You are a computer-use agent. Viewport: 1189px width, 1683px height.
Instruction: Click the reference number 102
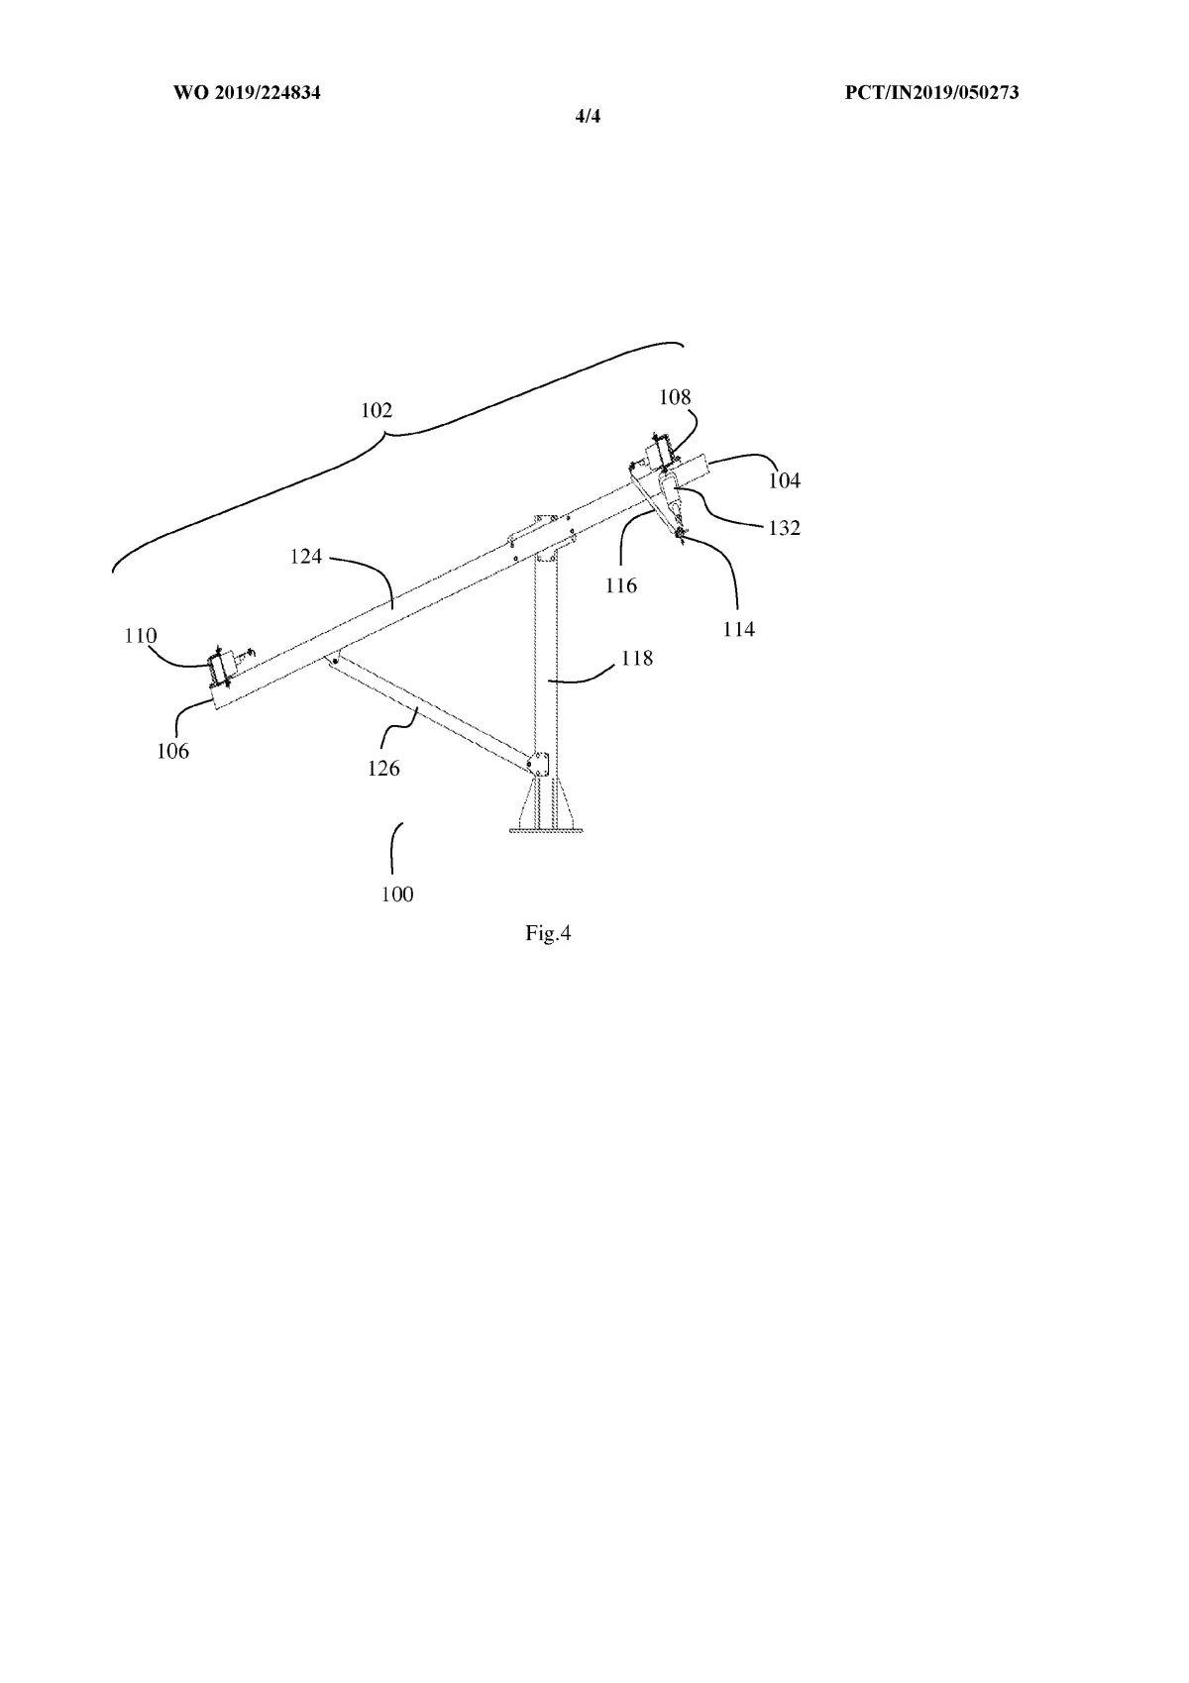pyautogui.click(x=377, y=410)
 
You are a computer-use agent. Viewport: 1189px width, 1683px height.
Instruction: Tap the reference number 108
pyautogui.click(x=675, y=397)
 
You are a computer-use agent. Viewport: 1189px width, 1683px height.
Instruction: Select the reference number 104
pyautogui.click(x=784, y=480)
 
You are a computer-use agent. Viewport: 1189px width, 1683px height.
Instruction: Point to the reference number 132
pyautogui.click(x=784, y=528)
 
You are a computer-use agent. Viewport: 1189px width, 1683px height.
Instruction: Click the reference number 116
pyautogui.click(x=621, y=585)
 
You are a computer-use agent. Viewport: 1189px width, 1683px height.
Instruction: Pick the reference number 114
pyautogui.click(x=739, y=629)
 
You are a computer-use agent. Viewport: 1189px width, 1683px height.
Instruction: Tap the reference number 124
pyautogui.click(x=306, y=557)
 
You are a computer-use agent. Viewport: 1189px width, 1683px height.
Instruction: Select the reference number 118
pyautogui.click(x=637, y=658)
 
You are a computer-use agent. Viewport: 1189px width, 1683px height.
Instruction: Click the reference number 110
pyautogui.click(x=141, y=635)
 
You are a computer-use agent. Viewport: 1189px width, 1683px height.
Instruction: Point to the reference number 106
pyautogui.click(x=172, y=751)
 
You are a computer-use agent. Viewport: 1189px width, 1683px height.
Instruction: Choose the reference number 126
pyautogui.click(x=383, y=768)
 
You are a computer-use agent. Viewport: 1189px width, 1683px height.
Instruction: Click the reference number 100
pyautogui.click(x=397, y=894)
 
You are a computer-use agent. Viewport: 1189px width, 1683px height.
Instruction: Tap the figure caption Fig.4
pyautogui.click(x=548, y=933)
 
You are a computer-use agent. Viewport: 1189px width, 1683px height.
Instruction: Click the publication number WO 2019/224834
pyautogui.click(x=247, y=93)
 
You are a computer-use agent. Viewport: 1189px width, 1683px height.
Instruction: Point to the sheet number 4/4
pyautogui.click(x=589, y=117)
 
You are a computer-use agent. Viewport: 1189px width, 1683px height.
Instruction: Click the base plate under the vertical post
pyautogui.click(x=544, y=829)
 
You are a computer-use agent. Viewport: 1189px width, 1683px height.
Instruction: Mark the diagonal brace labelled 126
pyautogui.click(x=426, y=711)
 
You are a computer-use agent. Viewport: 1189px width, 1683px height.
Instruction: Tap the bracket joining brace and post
pyautogui.click(x=538, y=765)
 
